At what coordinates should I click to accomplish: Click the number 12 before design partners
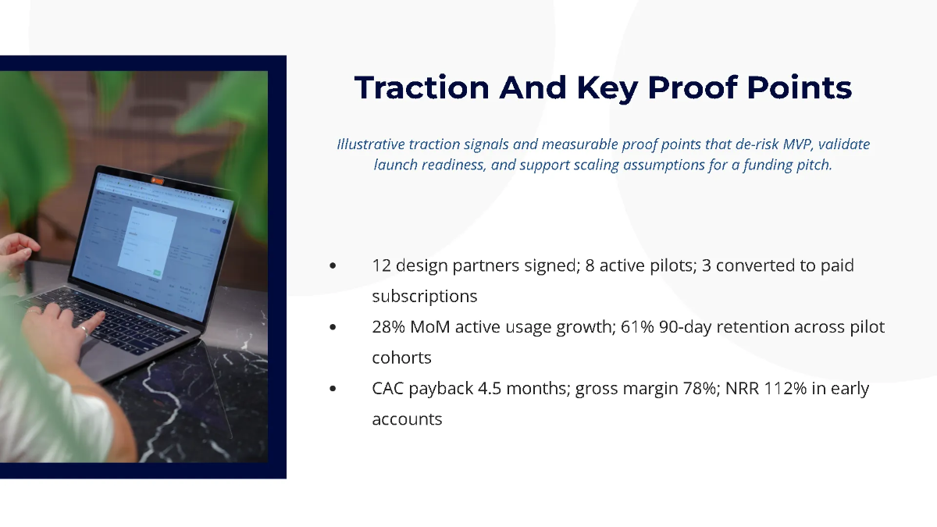[381, 265]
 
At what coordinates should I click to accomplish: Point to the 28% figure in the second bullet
[388, 327]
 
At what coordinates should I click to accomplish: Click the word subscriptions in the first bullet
[424, 297]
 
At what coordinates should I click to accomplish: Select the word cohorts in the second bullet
[401, 358]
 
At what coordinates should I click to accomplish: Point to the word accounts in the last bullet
[407, 419]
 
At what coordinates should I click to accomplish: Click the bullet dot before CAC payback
[333, 389]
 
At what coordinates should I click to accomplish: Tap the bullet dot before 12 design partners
[333, 265]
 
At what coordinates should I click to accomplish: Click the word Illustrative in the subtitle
[370, 144]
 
